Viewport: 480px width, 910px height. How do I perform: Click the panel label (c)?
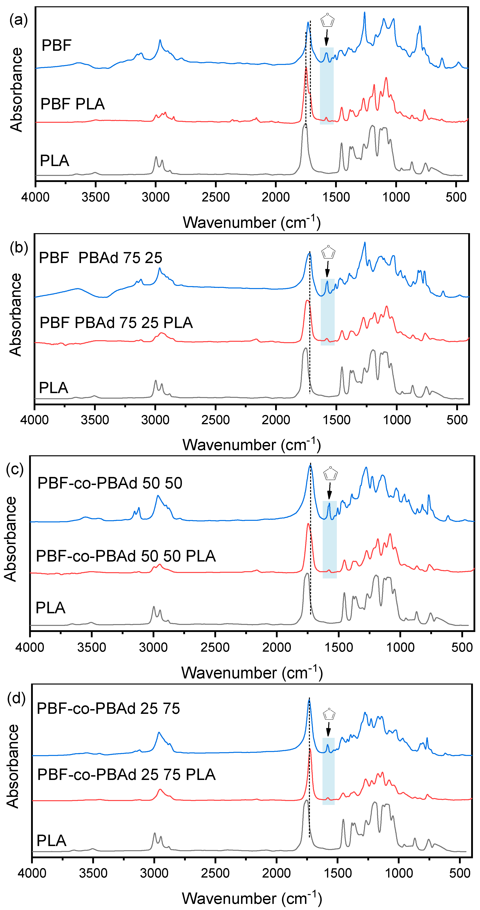pos(15,469)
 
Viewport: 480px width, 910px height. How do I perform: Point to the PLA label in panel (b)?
pos(53,388)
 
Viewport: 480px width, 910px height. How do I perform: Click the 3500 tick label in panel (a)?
pos(95,197)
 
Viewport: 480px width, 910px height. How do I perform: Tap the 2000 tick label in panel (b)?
pos(276,420)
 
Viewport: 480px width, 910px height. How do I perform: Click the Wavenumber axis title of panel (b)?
pos(251,444)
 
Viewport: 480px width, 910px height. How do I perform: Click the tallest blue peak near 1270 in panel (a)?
pos(365,13)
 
